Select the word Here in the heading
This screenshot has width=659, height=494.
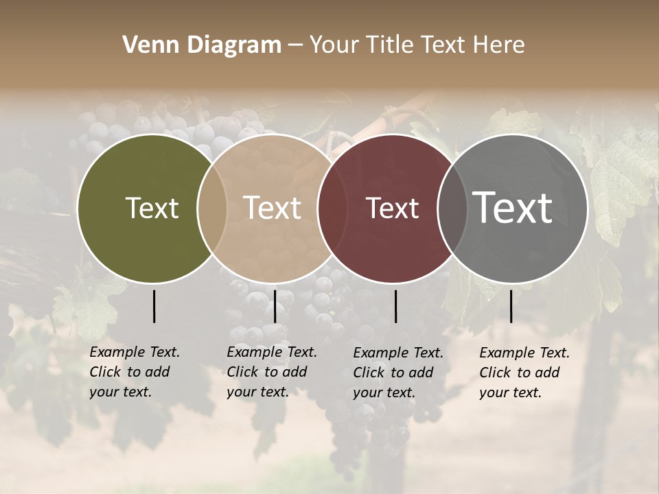pos(500,45)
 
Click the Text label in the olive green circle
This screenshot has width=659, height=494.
pos(152,208)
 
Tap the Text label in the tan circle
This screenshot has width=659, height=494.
pos(273,208)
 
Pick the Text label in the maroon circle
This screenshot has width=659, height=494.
pos(392,208)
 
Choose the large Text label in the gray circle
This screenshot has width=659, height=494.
pos(513,208)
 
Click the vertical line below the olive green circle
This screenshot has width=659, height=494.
pos(154,306)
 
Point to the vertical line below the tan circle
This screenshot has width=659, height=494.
pos(275,306)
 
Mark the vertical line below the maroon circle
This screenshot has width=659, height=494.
pos(395,306)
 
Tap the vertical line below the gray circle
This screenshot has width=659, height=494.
pos(511,306)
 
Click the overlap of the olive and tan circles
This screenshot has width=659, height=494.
pos(212,208)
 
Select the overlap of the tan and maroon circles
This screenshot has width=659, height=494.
pos(330,208)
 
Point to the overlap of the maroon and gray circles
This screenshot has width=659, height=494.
pos(452,208)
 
